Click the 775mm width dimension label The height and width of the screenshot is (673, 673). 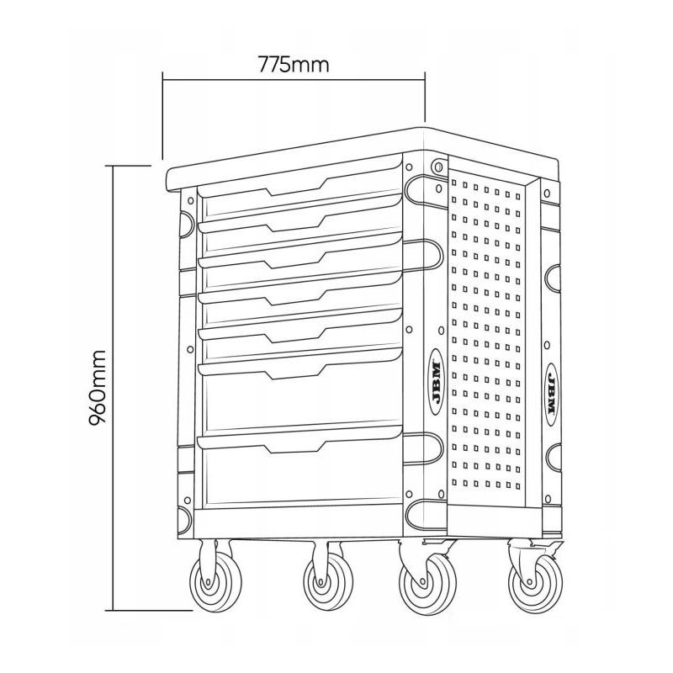(294, 64)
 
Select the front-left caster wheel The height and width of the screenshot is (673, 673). (206, 579)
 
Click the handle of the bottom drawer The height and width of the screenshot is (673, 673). (294, 444)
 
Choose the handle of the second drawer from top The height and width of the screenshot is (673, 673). (294, 225)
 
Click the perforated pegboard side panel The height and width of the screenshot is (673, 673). (488, 336)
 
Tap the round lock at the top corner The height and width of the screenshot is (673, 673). (437, 167)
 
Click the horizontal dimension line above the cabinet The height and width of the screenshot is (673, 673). (294, 81)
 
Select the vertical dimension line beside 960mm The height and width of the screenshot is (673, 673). (112, 386)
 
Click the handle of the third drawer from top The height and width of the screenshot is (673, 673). (294, 261)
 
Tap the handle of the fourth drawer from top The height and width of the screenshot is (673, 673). (294, 298)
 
